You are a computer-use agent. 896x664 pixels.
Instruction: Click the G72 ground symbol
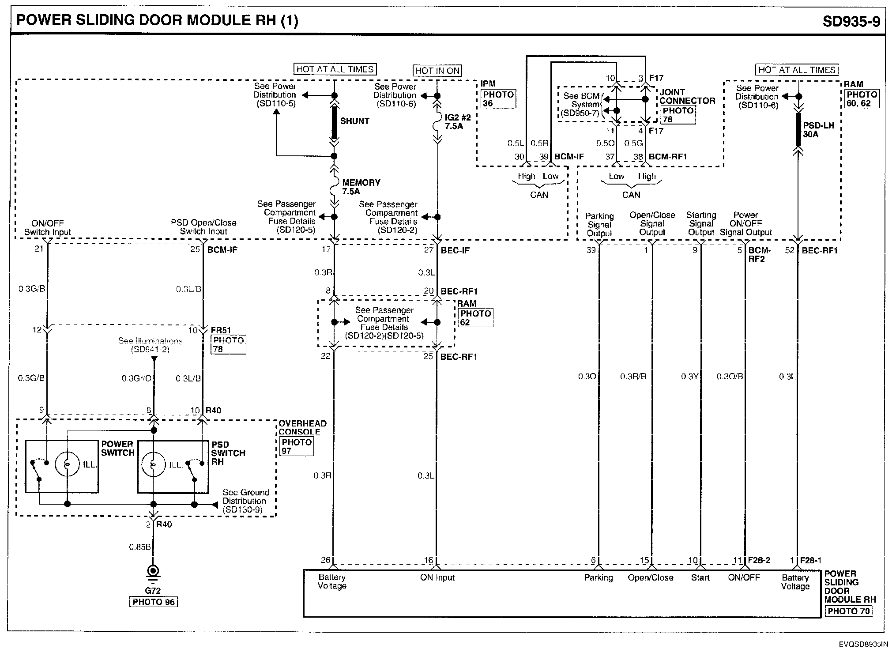tap(153, 573)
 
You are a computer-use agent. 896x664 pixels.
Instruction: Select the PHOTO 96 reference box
tap(153, 602)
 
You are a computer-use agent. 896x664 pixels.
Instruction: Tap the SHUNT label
tap(354, 121)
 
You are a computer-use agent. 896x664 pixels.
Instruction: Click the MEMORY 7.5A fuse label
tap(360, 187)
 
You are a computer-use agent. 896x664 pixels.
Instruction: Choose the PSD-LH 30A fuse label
tap(818, 130)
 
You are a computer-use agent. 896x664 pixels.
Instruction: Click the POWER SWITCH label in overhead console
tap(117, 449)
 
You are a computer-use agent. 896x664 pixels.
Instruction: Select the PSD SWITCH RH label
tap(228, 453)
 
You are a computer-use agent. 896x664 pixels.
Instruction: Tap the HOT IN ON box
tap(437, 70)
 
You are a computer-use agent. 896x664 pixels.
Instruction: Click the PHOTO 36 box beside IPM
tap(498, 99)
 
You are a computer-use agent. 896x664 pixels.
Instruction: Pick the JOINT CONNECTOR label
tap(687, 96)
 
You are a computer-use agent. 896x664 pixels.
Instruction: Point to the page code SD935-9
tap(851, 21)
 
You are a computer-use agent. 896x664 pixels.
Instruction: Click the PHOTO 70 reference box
tap(848, 611)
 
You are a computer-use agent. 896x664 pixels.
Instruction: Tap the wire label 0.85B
tap(139, 547)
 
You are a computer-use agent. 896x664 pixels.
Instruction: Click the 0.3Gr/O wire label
tap(136, 378)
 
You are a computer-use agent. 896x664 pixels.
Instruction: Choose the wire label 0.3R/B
tap(633, 377)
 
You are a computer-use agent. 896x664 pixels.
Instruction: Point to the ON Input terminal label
tap(437, 577)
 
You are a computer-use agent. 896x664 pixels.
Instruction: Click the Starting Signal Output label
tap(701, 223)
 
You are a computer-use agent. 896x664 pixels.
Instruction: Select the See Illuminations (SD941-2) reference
tap(150, 345)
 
